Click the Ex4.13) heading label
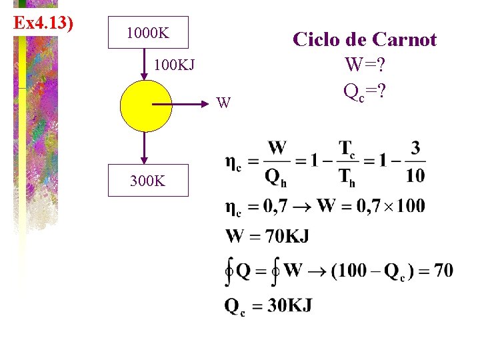(43, 23)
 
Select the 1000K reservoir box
(149, 32)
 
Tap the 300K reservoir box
(149, 180)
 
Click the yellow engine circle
(145, 105)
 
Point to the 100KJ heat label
(174, 66)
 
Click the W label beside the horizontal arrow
(225, 103)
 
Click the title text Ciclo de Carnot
(365, 39)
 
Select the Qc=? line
(365, 90)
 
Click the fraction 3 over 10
(415, 162)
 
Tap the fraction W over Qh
(276, 162)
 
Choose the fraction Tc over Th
(347, 162)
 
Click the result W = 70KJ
(267, 236)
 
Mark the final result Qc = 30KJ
(268, 306)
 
